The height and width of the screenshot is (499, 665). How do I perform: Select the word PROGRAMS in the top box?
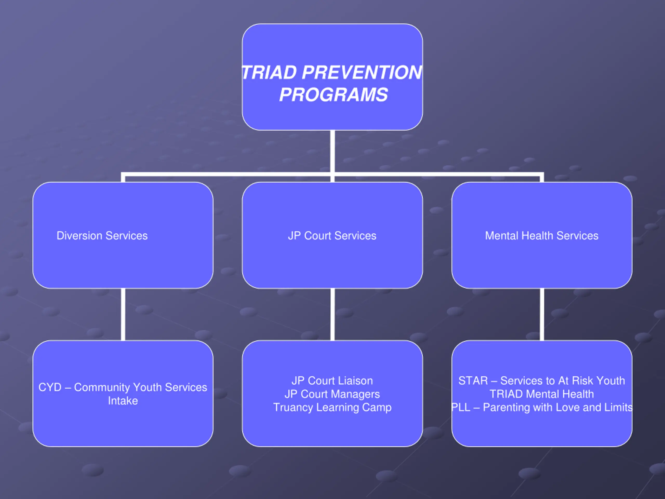pos(333,95)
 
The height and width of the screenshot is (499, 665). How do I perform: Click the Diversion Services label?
pos(102,236)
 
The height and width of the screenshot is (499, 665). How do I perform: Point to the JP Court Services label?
pos(332,236)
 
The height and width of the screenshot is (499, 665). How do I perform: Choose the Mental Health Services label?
pos(542,236)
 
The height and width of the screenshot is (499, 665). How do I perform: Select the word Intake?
pos(123,401)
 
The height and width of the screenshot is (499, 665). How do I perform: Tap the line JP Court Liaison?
pos(332,381)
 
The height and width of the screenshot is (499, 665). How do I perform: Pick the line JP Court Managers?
pos(332,394)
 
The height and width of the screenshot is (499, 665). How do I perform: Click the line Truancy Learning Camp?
pos(332,408)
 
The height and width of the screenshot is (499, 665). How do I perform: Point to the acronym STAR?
pos(473,381)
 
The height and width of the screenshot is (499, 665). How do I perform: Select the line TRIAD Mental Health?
pos(542,394)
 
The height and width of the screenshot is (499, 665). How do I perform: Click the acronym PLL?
pos(461,408)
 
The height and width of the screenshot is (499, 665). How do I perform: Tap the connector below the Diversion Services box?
pos(123,314)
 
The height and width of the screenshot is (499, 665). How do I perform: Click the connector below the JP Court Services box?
pos(332,314)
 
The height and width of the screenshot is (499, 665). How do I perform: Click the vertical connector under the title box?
pos(332,150)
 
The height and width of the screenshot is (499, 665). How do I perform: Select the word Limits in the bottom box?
pos(620,408)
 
